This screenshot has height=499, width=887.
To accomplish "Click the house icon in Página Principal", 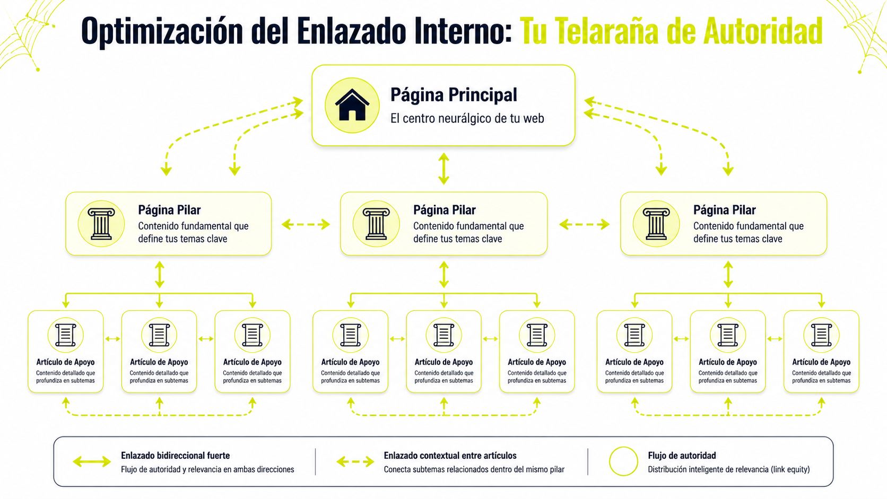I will click(x=352, y=105).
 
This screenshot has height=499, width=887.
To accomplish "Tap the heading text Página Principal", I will click(x=454, y=95).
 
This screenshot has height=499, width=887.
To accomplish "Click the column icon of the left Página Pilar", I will click(x=101, y=224).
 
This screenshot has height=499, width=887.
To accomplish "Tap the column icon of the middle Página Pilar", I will click(x=376, y=224).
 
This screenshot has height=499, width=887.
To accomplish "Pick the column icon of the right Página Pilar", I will click(x=656, y=224).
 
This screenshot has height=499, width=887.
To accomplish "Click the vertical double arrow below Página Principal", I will click(x=444, y=169).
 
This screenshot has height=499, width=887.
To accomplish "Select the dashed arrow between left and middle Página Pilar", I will click(x=306, y=224).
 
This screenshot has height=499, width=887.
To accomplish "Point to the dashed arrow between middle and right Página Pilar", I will click(x=584, y=224).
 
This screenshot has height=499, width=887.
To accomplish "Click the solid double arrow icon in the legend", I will click(x=92, y=461).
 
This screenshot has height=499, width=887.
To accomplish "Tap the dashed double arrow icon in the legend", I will click(x=355, y=461).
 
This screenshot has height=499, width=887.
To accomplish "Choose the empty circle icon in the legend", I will click(x=623, y=461).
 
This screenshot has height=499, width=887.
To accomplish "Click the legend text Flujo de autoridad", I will click(x=682, y=456).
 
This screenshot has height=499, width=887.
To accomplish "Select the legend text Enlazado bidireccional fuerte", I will click(x=175, y=456).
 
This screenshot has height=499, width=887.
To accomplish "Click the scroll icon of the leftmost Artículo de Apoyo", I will click(x=66, y=335).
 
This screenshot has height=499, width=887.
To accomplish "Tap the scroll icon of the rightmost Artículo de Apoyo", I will click(x=821, y=335).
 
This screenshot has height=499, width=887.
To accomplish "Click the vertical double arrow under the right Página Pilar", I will click(x=728, y=275).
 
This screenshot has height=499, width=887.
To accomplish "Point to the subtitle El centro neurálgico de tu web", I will click(x=467, y=118).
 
